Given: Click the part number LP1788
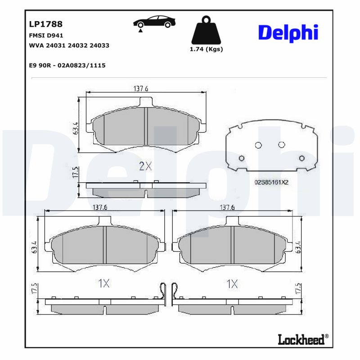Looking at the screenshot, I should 45,24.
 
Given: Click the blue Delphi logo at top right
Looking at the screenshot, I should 288,33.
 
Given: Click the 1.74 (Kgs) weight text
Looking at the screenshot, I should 207,49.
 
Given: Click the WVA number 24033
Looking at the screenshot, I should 99,45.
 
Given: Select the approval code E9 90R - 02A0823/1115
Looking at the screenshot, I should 67,65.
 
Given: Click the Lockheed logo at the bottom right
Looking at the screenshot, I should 301,340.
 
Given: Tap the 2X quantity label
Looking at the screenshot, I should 145,166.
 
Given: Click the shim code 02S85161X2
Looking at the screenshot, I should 271,182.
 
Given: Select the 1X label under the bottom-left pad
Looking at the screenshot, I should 104,283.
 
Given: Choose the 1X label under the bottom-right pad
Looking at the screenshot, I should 232,283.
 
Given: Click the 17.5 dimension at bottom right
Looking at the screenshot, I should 297,289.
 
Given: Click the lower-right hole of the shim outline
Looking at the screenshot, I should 302,157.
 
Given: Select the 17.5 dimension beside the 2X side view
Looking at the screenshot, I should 76,173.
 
